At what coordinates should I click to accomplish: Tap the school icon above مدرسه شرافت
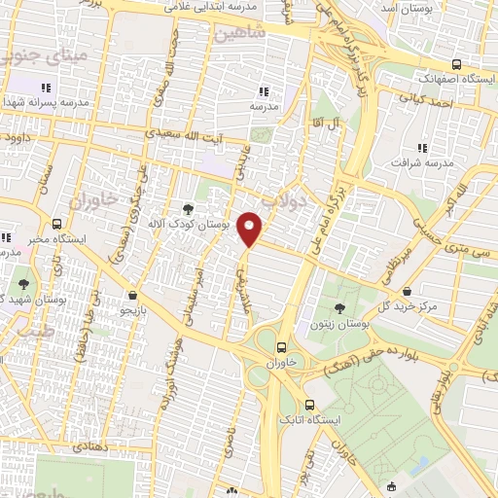coord(422,148)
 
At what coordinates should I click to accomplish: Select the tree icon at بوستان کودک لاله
coord(189,208)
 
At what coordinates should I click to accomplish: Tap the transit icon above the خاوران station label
coord(281,346)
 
